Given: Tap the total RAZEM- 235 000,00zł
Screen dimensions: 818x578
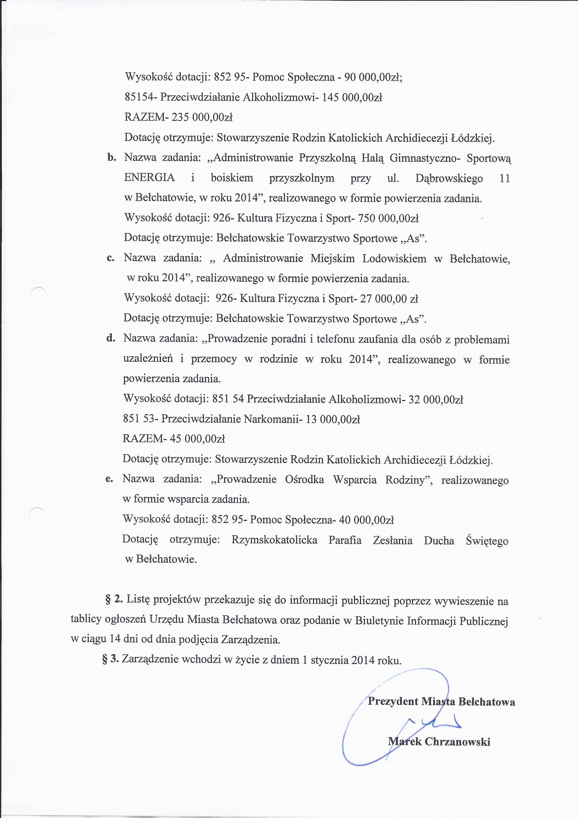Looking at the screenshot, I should (179, 117).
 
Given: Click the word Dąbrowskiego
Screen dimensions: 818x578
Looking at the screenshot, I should (449, 178).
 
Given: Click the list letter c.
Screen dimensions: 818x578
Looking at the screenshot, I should (111, 258).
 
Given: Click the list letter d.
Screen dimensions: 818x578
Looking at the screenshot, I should (111, 338).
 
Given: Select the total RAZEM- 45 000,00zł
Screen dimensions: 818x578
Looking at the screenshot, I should (174, 439).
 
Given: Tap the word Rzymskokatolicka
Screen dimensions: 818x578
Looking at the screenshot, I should (274, 540).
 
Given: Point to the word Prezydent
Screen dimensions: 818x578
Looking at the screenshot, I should (393, 701).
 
